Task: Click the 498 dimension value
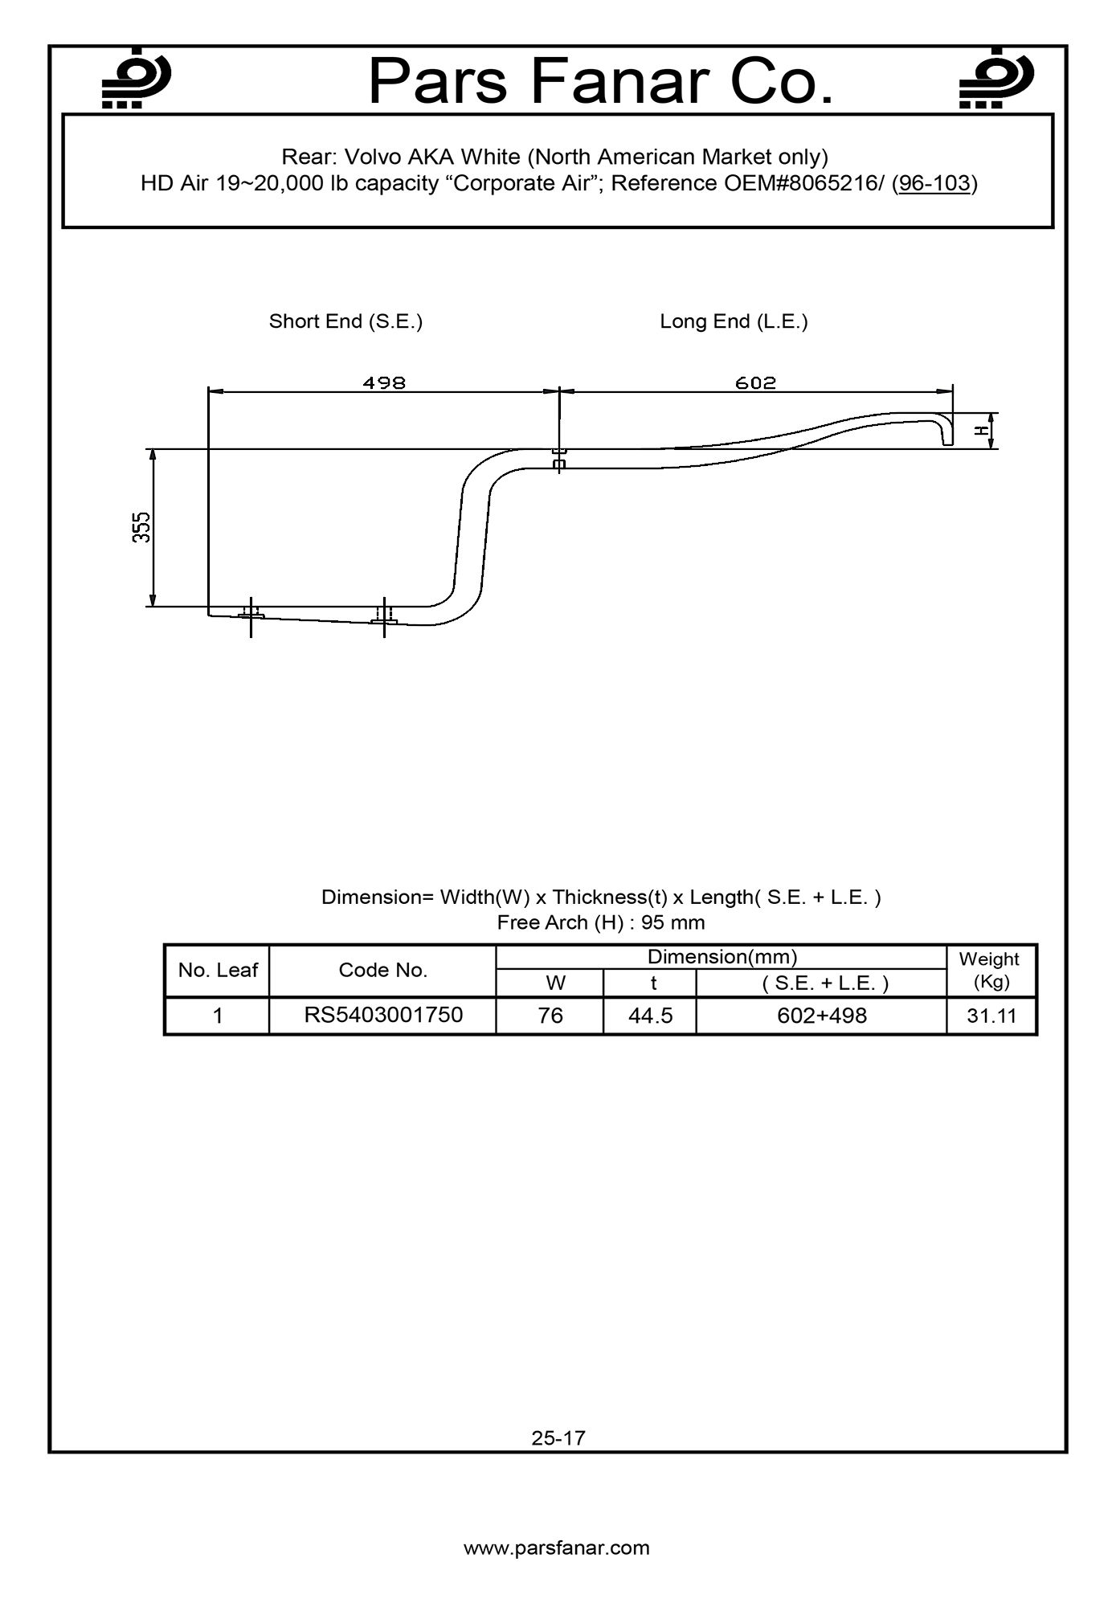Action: [x=384, y=382]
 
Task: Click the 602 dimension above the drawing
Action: [x=755, y=382]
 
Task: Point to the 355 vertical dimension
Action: [x=141, y=527]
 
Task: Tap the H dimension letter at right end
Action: [x=981, y=431]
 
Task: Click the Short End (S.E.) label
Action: [x=345, y=321]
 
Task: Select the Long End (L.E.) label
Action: [x=734, y=321]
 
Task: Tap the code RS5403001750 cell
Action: [x=383, y=1015]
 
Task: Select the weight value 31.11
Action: [x=991, y=1016]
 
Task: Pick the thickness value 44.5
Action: [x=650, y=1016]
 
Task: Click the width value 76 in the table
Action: [x=550, y=1016]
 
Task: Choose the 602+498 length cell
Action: [x=822, y=1016]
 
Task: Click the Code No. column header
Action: [x=383, y=970]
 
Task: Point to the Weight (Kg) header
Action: [x=989, y=970]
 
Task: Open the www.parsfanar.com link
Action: [x=557, y=1548]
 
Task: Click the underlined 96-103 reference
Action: [x=934, y=183]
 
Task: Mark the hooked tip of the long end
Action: [x=946, y=434]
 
